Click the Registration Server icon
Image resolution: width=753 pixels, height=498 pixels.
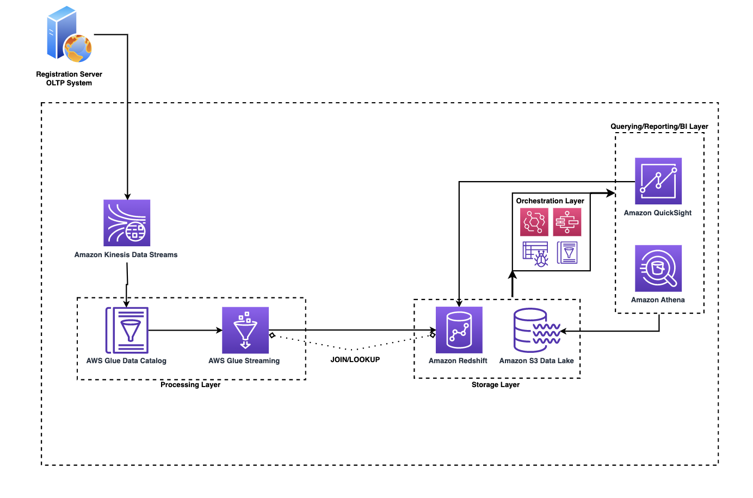tap(69, 35)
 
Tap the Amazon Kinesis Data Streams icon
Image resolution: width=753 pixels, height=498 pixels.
tap(127, 223)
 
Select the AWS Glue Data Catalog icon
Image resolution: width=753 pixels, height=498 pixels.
tap(127, 330)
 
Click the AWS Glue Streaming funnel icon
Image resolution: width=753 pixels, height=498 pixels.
tap(245, 330)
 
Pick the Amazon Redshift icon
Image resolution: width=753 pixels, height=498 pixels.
tap(459, 330)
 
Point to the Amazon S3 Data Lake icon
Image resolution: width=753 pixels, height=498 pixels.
tap(536, 330)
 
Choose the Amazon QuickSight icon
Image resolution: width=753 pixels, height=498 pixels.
tap(658, 181)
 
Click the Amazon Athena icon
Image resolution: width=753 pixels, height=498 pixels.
tap(658, 268)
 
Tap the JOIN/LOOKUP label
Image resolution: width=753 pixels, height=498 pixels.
tap(355, 359)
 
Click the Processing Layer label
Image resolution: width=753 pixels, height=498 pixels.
tap(190, 384)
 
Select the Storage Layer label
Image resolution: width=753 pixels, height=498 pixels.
tap(495, 384)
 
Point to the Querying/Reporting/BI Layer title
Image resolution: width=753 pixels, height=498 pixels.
tap(659, 126)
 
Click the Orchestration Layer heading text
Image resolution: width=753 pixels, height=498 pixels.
tap(550, 201)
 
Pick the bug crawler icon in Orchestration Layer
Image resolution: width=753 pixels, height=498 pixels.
tap(535, 253)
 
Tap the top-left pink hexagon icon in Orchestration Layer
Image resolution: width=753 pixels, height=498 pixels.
tap(534, 222)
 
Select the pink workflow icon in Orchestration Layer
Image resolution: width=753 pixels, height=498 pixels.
tap(567, 222)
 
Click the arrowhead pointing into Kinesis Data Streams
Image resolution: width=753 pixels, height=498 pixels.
tap(127, 196)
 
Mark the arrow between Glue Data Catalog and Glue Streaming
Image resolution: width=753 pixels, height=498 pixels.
tap(185, 330)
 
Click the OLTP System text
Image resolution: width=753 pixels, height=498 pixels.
tap(69, 83)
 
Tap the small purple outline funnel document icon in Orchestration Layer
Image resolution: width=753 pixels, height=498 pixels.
tap(567, 253)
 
